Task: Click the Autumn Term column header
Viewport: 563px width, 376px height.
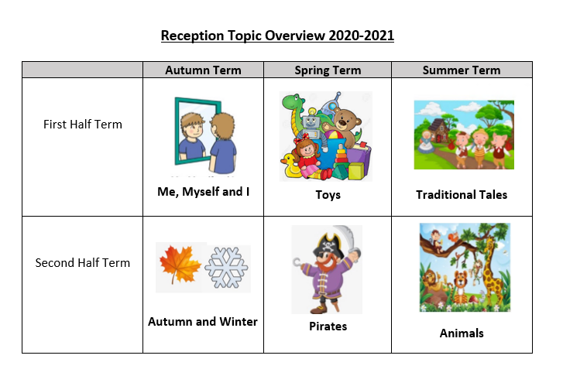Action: (x=203, y=70)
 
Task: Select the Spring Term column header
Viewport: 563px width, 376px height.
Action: (x=328, y=70)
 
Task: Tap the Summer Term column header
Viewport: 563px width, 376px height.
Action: (x=462, y=70)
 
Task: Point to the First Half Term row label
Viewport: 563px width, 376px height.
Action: (x=83, y=124)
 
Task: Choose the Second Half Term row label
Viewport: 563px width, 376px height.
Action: (x=83, y=262)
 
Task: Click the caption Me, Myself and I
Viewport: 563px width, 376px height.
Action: (x=203, y=192)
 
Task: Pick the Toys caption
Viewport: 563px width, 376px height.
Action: (x=328, y=195)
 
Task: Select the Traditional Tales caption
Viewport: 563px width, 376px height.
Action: (x=462, y=194)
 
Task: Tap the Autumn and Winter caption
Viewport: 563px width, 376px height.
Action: (x=203, y=322)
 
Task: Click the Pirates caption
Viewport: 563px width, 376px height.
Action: (x=328, y=326)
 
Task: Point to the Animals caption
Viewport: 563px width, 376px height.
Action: (x=462, y=333)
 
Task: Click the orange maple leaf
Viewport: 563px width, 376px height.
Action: (x=179, y=265)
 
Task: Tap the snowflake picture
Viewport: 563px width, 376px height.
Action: (x=226, y=268)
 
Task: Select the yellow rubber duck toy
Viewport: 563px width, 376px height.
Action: (x=290, y=166)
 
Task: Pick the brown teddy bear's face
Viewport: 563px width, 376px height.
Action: (x=345, y=121)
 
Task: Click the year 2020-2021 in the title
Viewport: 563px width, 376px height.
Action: (x=361, y=36)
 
